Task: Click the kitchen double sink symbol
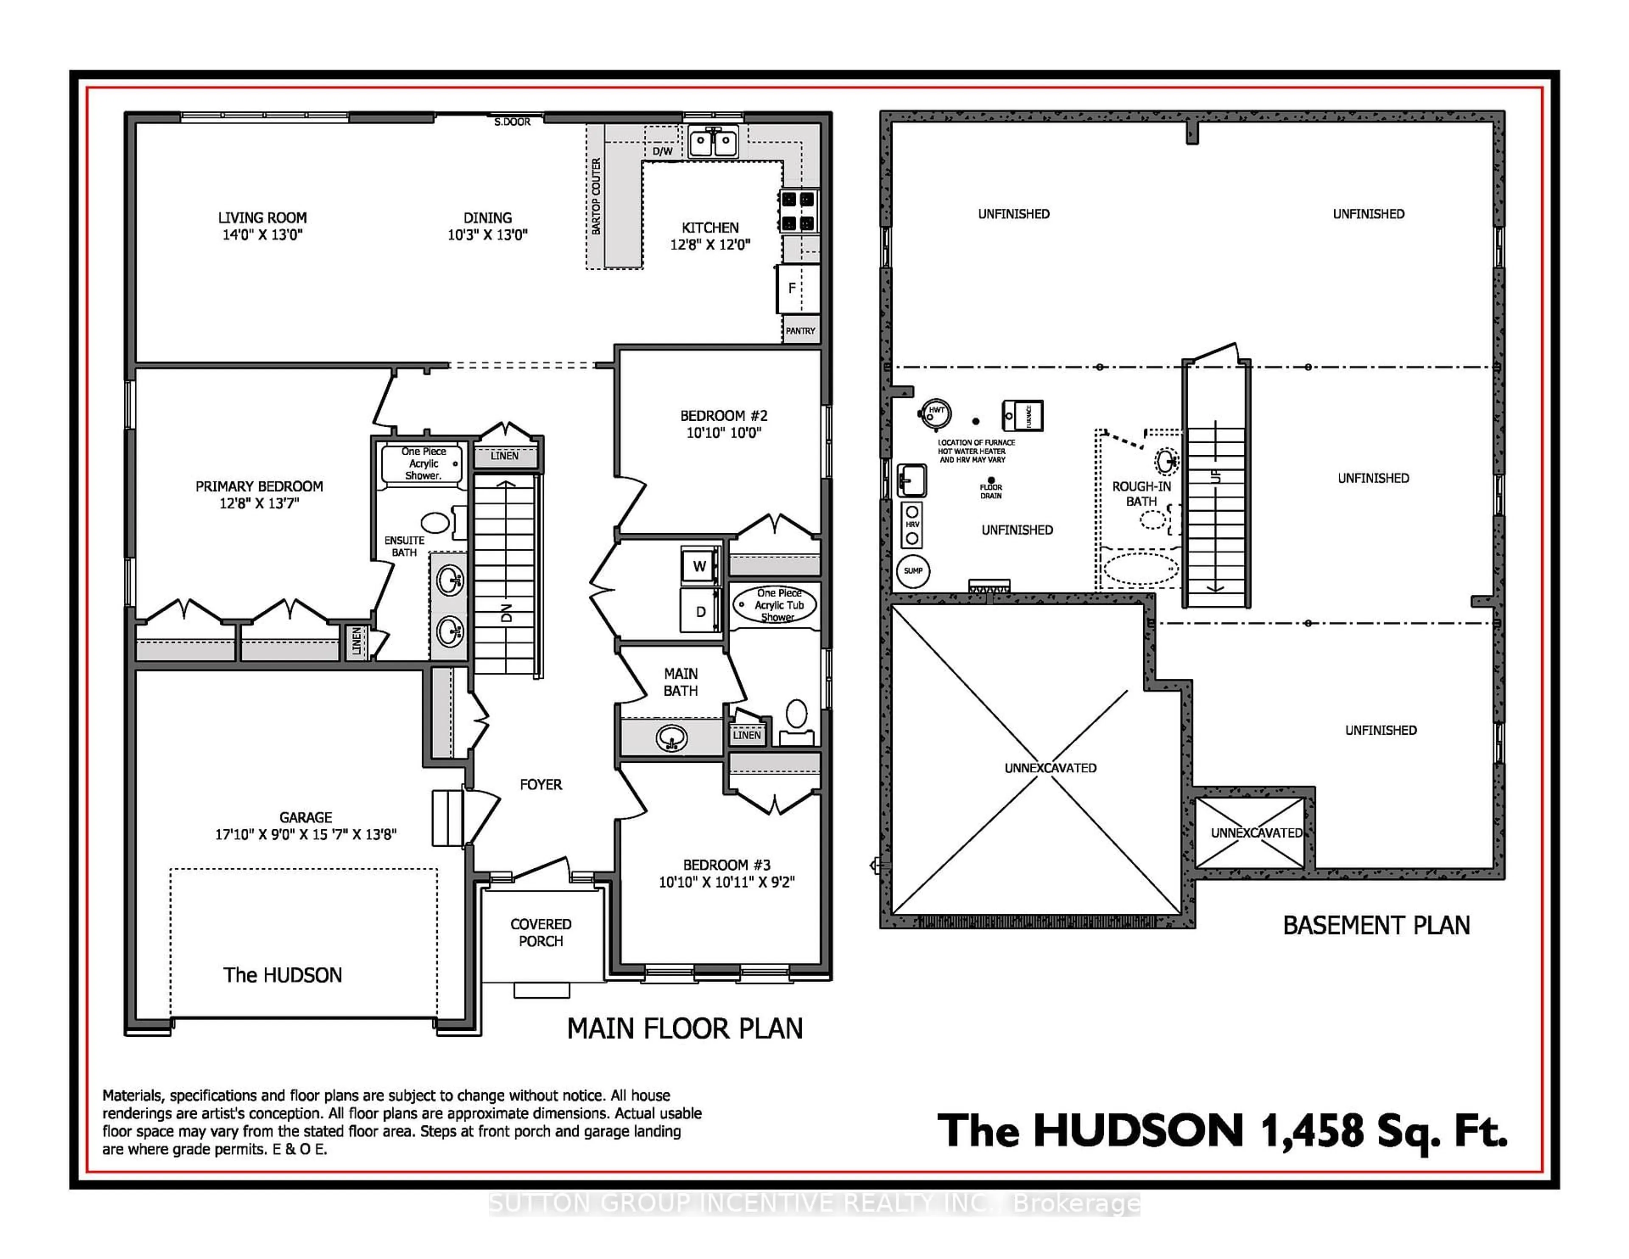point(713,142)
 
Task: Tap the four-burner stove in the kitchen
point(798,211)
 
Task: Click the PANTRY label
point(801,330)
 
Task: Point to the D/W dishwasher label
point(662,151)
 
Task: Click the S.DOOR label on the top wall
point(512,122)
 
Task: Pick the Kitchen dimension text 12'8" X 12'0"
point(710,245)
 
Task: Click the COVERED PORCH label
point(541,932)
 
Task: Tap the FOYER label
point(541,785)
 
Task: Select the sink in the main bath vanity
point(671,739)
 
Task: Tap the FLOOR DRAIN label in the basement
point(991,491)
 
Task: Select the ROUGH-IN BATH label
point(1141,494)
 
